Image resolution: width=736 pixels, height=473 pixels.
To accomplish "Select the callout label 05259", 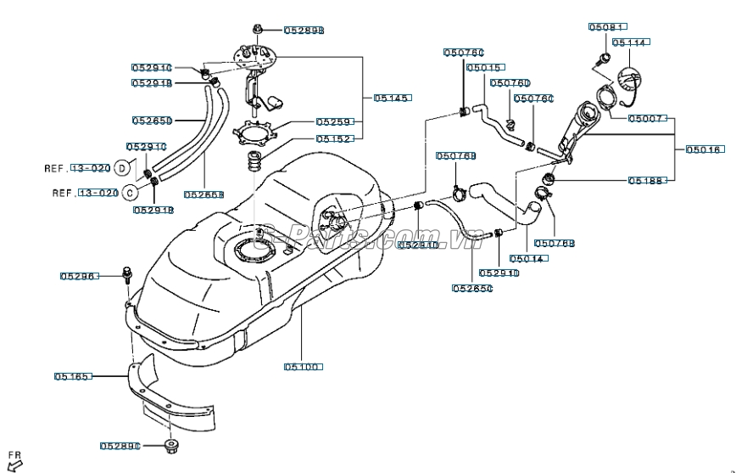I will tap(334, 122).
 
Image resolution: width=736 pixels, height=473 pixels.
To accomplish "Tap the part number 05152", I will tap(334, 138).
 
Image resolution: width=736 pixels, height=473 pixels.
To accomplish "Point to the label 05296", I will tap(79, 276).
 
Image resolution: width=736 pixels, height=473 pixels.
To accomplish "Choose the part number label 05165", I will tap(74, 375).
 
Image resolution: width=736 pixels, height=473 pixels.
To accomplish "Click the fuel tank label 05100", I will tap(302, 367).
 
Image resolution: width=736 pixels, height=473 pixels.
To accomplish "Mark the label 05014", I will tap(527, 259).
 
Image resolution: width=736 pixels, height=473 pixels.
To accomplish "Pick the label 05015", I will tap(484, 67).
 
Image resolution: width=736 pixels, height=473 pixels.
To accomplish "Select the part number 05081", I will tap(607, 27).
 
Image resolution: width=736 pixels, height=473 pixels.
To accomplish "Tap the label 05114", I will tap(629, 42).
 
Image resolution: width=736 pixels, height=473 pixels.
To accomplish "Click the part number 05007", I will tap(647, 119).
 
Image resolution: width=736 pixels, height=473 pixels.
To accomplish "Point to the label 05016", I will tap(704, 149).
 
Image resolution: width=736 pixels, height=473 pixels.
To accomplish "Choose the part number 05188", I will tap(647, 180).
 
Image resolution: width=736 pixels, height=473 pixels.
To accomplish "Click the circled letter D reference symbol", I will tap(123, 168).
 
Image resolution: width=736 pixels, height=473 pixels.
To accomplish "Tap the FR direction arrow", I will tap(15, 463).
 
